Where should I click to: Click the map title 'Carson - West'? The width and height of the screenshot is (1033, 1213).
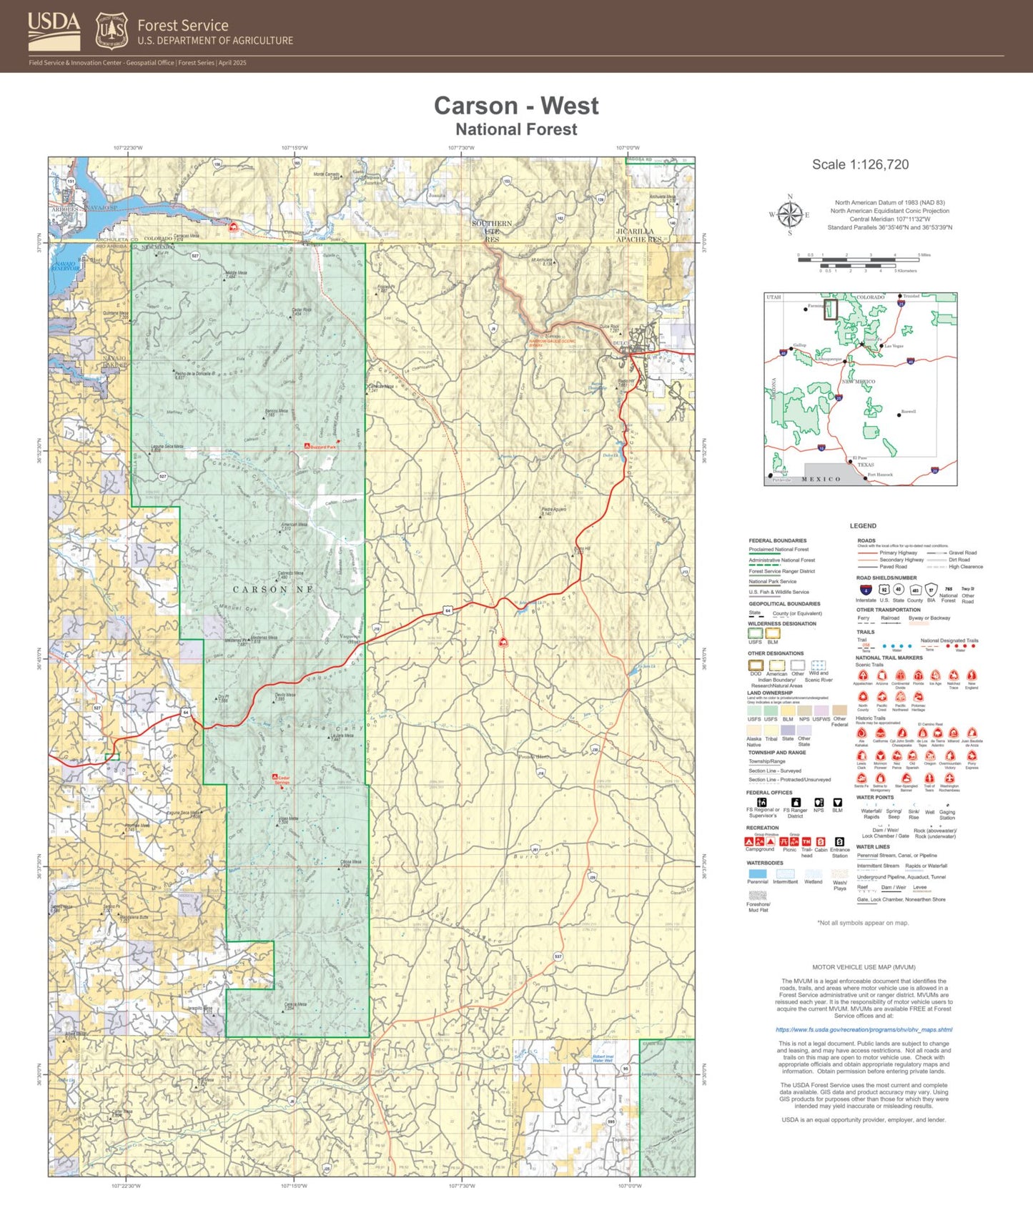516,106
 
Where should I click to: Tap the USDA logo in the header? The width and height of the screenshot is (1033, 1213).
54,31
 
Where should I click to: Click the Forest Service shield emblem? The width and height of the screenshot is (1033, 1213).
112,31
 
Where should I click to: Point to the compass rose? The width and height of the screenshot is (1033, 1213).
789,214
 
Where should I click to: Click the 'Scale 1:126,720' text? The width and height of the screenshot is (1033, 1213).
860,164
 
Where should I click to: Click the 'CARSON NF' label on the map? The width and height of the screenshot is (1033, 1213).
273,590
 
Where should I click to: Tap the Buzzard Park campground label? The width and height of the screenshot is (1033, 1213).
322,447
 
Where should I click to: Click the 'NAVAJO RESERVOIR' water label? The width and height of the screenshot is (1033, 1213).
65,266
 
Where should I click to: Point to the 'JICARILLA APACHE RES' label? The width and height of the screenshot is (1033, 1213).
639,236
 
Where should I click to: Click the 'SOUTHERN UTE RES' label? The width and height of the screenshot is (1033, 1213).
492,231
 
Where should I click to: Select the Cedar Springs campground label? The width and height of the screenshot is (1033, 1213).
282,781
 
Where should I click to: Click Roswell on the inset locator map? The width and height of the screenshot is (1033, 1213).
908,412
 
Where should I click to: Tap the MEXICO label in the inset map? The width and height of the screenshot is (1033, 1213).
821,479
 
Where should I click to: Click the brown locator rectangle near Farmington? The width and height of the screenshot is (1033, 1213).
831,310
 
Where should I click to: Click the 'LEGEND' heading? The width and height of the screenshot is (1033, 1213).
862,525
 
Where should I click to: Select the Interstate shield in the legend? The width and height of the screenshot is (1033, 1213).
866,590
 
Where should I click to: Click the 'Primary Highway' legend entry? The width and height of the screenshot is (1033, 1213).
897,553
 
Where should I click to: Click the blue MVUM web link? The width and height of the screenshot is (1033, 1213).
864,1029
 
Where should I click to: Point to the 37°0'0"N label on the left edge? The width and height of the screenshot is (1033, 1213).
39,243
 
